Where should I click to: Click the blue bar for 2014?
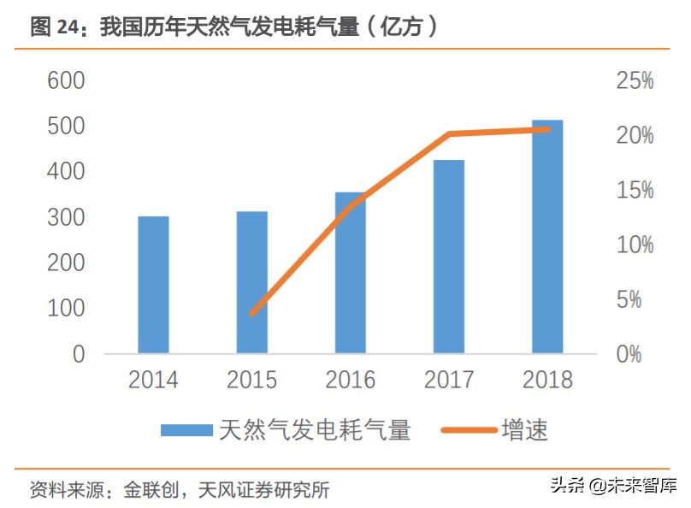153,285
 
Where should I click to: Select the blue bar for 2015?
251,282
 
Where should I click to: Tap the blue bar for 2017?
448,257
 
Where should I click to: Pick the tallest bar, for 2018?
547,236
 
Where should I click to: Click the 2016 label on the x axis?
350,380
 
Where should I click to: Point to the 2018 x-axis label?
547,380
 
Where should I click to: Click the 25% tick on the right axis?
634,81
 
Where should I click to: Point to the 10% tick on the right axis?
634,245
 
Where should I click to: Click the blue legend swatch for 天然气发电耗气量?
186,429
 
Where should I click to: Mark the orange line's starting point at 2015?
251,314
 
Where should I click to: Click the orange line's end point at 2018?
547,129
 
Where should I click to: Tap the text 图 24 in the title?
53,27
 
